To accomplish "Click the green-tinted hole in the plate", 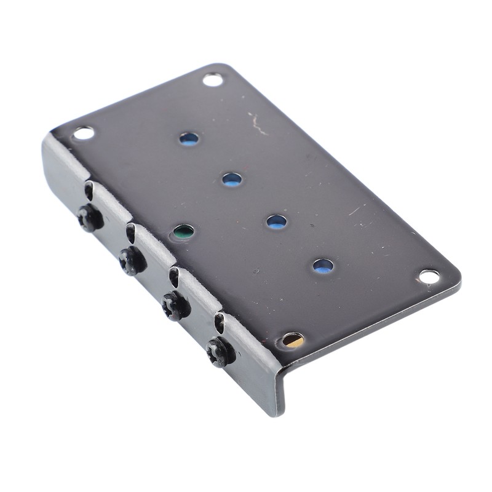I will coord(183,232).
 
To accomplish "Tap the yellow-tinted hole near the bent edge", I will coord(293,340).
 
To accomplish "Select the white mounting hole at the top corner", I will coord(213,79).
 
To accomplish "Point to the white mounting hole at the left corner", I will coord(83,133).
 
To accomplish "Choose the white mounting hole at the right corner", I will coord(429,276).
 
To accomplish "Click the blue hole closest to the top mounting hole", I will coord(189,138).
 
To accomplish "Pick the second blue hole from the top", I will coord(232,180).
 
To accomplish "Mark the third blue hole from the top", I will coord(276,222).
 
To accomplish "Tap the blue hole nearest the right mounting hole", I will coord(323,266).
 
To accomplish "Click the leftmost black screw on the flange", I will coord(90,218).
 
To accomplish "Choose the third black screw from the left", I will coord(176,306).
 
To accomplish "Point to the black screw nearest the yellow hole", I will coord(220,352).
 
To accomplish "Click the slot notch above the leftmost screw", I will coord(89,191).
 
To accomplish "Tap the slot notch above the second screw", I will coord(130,232).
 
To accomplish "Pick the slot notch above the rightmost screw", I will coord(219,322).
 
